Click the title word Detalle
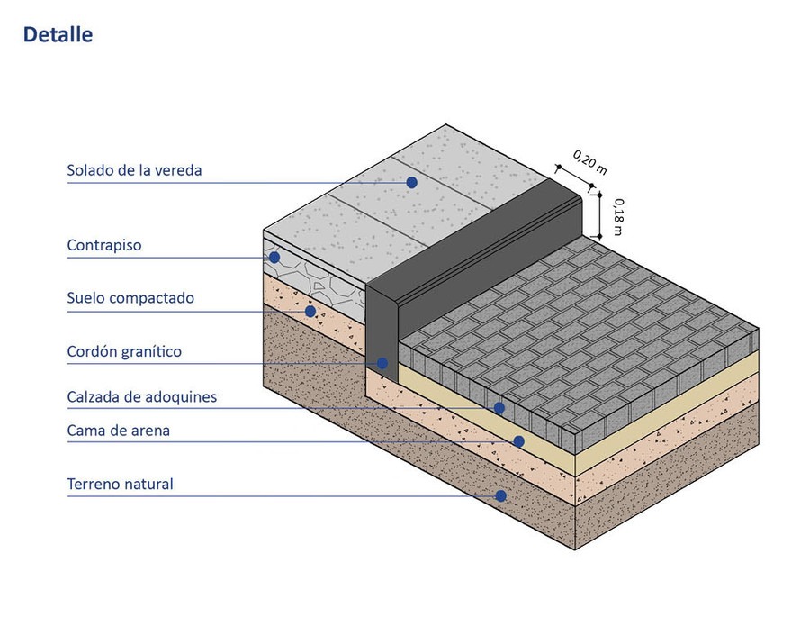tap(58, 35)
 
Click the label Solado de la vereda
tap(134, 170)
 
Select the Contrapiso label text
tap(104, 245)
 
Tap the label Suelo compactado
tap(130, 298)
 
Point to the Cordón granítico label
tap(124, 351)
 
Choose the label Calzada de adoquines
tap(141, 396)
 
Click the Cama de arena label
tap(119, 431)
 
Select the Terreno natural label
tap(120, 485)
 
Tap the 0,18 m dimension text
tap(616, 217)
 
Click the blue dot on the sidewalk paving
tap(411, 182)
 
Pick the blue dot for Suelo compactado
tap(310, 312)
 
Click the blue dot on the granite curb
tap(382, 363)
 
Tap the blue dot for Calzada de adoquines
tap(499, 407)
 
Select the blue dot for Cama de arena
tap(518, 441)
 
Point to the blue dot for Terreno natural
tap(500, 495)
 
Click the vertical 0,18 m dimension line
tap(599, 215)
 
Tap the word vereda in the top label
tap(177, 170)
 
